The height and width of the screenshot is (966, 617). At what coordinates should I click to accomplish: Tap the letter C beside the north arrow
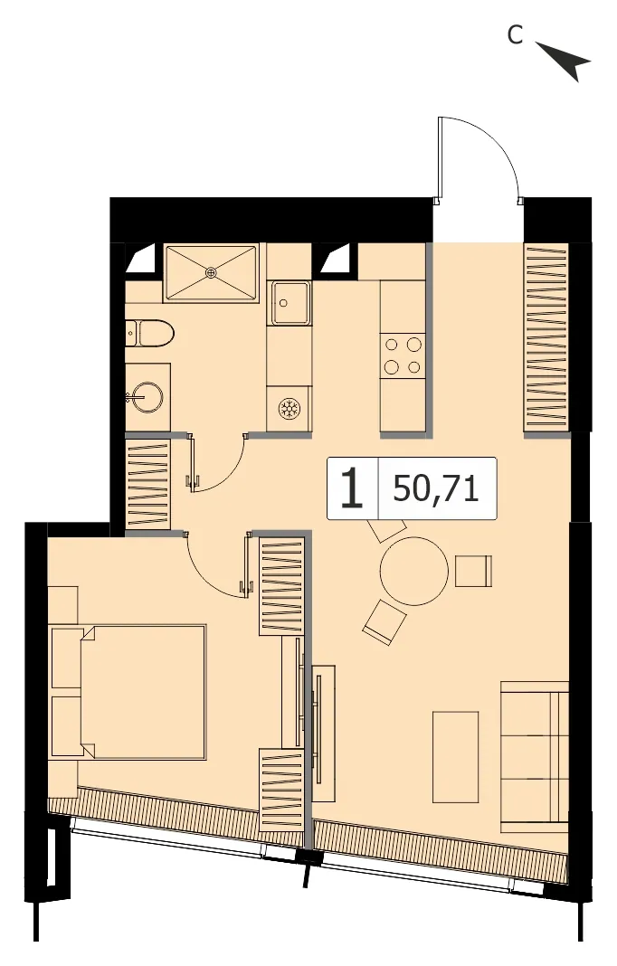515,35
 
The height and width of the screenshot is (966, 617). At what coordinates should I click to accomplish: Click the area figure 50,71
436,488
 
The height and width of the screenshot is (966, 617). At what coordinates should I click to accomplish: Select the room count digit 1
352,488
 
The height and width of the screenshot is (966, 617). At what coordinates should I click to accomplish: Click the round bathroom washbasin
147,397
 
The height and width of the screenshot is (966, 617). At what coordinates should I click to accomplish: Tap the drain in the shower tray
212,271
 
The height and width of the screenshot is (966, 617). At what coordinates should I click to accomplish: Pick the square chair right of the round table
473,571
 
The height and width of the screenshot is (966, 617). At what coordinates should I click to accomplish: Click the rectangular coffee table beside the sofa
455,757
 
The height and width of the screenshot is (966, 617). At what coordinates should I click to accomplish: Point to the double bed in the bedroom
128,692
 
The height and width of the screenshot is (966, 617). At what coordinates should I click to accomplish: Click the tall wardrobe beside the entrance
546,338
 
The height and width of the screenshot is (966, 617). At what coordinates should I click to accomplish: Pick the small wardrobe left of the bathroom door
147,484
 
